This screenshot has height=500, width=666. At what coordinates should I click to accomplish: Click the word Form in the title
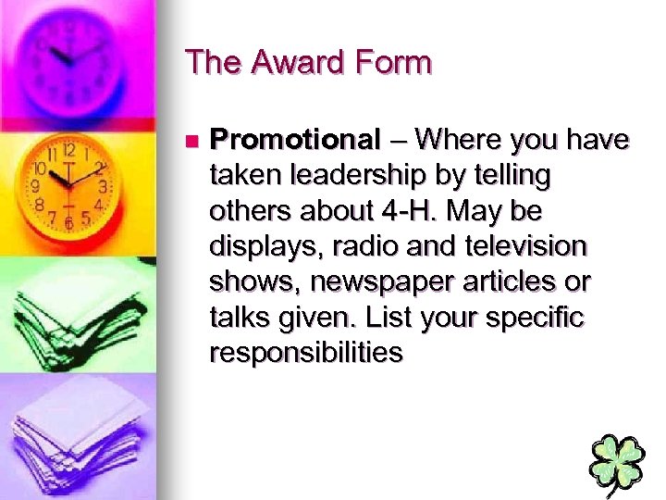pos(397,64)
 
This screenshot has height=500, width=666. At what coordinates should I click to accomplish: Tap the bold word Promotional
pos(295,140)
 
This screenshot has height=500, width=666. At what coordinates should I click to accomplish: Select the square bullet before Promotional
pos(191,142)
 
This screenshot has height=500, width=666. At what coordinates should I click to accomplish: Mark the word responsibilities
pos(306,353)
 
